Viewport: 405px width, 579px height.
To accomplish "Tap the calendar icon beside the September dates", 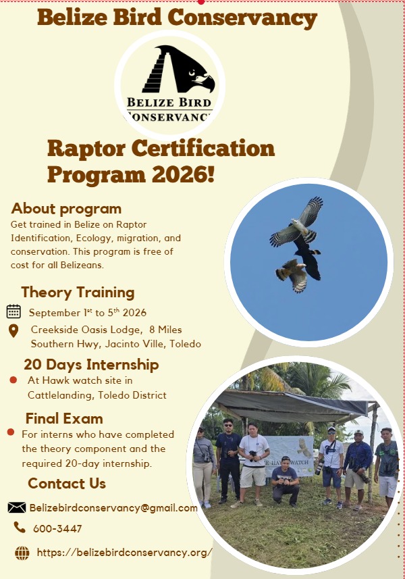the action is pos(13,311).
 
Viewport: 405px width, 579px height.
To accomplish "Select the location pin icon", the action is pos(13,331).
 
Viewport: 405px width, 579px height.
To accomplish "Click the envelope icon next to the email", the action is pos(17,508).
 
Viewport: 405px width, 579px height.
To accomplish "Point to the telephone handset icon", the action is pos(20,527).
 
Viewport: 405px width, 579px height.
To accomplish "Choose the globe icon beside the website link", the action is pos(22,553).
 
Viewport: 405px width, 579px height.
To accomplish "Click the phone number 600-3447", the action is pos(57,529).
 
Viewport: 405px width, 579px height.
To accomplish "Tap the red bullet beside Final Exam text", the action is pos(11,432).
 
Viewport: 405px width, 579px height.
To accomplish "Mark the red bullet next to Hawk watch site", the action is pos(13,380).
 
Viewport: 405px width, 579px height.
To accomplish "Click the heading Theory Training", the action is pos(78,293).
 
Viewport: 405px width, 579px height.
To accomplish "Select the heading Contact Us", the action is pos(67,483).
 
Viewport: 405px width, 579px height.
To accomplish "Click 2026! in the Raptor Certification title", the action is pos(183,174).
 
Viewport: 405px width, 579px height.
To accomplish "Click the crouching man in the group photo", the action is pos(285,481).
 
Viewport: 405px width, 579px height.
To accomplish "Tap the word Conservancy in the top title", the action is pos(242,18).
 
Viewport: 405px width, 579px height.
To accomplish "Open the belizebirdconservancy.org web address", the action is pos(125,553).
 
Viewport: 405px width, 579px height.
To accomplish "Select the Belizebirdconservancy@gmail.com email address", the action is pos(113,508).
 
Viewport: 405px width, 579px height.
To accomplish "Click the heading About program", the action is pos(66,209).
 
